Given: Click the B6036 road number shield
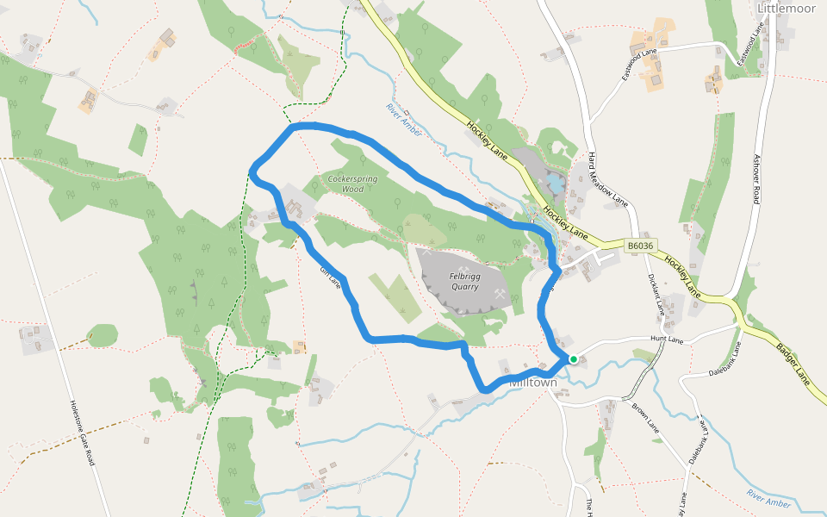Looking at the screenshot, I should coord(640,246).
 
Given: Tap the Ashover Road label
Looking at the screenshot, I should coord(756,179).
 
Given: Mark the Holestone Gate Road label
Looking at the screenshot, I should coord(82,433).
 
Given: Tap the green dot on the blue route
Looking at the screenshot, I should coord(574,359).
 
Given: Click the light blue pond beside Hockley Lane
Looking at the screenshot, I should coord(557,184).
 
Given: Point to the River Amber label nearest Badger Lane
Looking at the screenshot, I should coord(768,499).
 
